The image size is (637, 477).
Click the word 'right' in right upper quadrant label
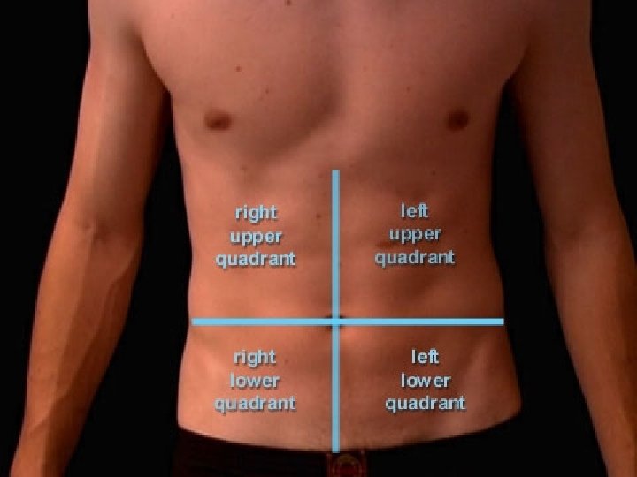tap(256, 213)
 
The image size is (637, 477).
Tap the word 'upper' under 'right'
tap(256, 237)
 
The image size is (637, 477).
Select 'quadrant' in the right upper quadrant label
tap(256, 260)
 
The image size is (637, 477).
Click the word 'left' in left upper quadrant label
tap(414, 211)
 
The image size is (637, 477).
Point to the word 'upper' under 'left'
tap(415, 234)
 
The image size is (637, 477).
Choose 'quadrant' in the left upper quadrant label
tap(415, 258)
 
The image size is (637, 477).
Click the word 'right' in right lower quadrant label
tap(255, 358)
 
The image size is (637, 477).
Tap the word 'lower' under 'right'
tap(255, 382)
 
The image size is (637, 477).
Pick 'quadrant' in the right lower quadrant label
tap(255, 405)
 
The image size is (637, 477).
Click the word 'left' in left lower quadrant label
tap(425, 357)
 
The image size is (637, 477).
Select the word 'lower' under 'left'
tap(426, 381)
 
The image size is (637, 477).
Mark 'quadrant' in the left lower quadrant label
tap(426, 404)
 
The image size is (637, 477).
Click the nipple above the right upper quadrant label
tap(218, 120)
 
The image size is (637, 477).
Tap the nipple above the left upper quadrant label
tap(457, 119)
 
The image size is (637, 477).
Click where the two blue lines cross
tap(335, 322)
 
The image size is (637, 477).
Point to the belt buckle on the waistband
tap(347, 463)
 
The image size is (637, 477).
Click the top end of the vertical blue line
tap(335, 171)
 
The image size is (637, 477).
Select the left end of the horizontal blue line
tap(194, 322)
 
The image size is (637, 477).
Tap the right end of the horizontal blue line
tap(502, 322)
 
